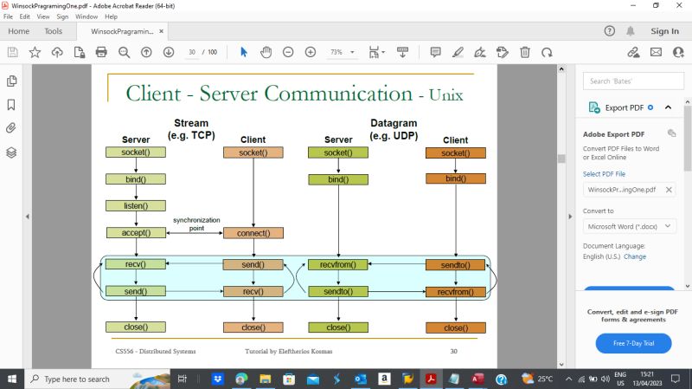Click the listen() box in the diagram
pos(136,206)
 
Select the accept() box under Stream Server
pos(136,232)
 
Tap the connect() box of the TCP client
pos(253,233)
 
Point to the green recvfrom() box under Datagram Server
pos(337,264)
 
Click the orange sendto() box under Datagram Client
pos(455,264)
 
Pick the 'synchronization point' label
pos(196,224)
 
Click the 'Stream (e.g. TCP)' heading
pos(190,129)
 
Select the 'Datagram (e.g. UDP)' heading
pos(394,129)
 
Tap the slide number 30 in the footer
pos(453,351)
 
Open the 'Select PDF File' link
pos(604,174)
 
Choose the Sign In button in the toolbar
pos(664,31)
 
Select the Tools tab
pos(53,31)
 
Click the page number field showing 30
pos(192,52)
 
